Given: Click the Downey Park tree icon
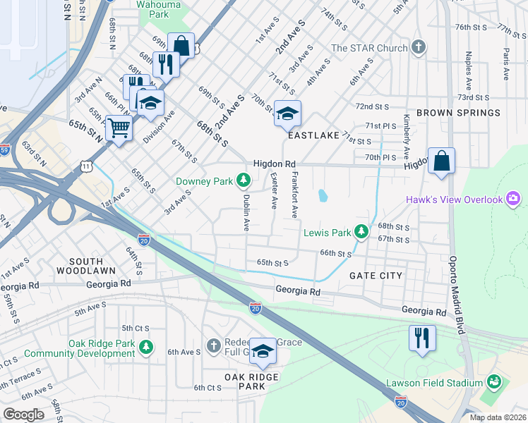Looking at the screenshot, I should click(244, 181).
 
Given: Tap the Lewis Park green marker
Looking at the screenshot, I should click(361, 232).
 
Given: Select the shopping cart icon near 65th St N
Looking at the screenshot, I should click(119, 129).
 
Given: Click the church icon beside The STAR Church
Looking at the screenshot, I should click(419, 48).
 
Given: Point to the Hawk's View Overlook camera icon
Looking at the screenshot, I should click(513, 200).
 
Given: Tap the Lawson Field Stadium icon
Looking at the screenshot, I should click(494, 384).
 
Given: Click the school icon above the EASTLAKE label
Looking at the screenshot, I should click(287, 114).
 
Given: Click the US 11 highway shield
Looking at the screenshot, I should click(85, 165).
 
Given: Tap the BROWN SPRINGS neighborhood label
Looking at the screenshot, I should click(458, 113).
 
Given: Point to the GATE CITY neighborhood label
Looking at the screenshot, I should click(376, 276).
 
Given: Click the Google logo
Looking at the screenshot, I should click(24, 414).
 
